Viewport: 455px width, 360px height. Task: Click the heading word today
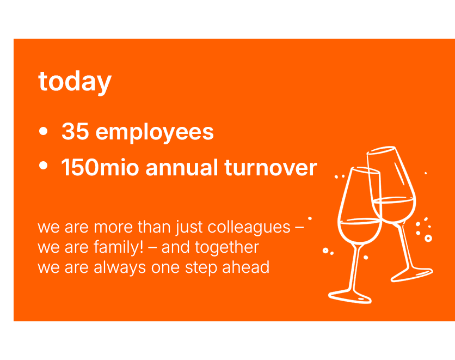point(75,82)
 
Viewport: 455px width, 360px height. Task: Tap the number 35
point(75,131)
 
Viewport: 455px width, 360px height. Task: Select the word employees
point(155,132)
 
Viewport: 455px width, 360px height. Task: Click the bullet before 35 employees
point(43,131)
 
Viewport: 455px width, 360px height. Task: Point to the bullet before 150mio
point(43,166)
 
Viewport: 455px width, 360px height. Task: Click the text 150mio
point(100,168)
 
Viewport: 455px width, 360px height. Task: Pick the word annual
point(182,168)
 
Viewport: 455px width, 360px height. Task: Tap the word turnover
point(270,168)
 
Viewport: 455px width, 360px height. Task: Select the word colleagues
point(249,227)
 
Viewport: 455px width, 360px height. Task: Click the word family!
point(119,248)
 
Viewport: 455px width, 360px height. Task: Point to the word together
point(226,248)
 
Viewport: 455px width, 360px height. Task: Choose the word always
point(120,267)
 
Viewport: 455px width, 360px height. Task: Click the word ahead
point(246,267)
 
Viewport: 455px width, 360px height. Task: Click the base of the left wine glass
point(350,296)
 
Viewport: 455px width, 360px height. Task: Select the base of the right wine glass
point(412,274)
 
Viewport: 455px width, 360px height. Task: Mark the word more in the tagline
point(113,227)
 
